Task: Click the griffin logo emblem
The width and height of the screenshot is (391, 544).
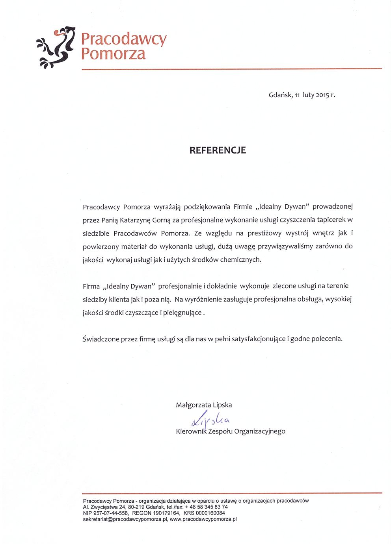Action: (56, 47)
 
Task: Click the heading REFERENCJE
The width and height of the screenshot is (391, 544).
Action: (218, 150)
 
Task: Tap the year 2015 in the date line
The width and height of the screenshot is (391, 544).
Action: (322, 95)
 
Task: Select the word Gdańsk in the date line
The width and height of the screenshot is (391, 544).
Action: (280, 95)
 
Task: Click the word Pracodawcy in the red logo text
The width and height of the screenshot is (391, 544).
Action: (124, 39)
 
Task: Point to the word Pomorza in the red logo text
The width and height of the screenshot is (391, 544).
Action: (113, 54)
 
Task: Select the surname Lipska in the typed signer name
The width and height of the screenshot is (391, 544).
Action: (222, 405)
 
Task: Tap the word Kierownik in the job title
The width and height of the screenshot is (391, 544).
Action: (191, 431)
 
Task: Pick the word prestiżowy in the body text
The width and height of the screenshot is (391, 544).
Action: (264, 233)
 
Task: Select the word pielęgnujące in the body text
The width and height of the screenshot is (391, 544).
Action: (182, 313)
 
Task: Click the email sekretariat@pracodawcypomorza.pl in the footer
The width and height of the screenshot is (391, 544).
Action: (125, 519)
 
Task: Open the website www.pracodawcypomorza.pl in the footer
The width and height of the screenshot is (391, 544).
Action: (203, 519)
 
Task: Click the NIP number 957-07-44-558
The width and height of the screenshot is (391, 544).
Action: (111, 513)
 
